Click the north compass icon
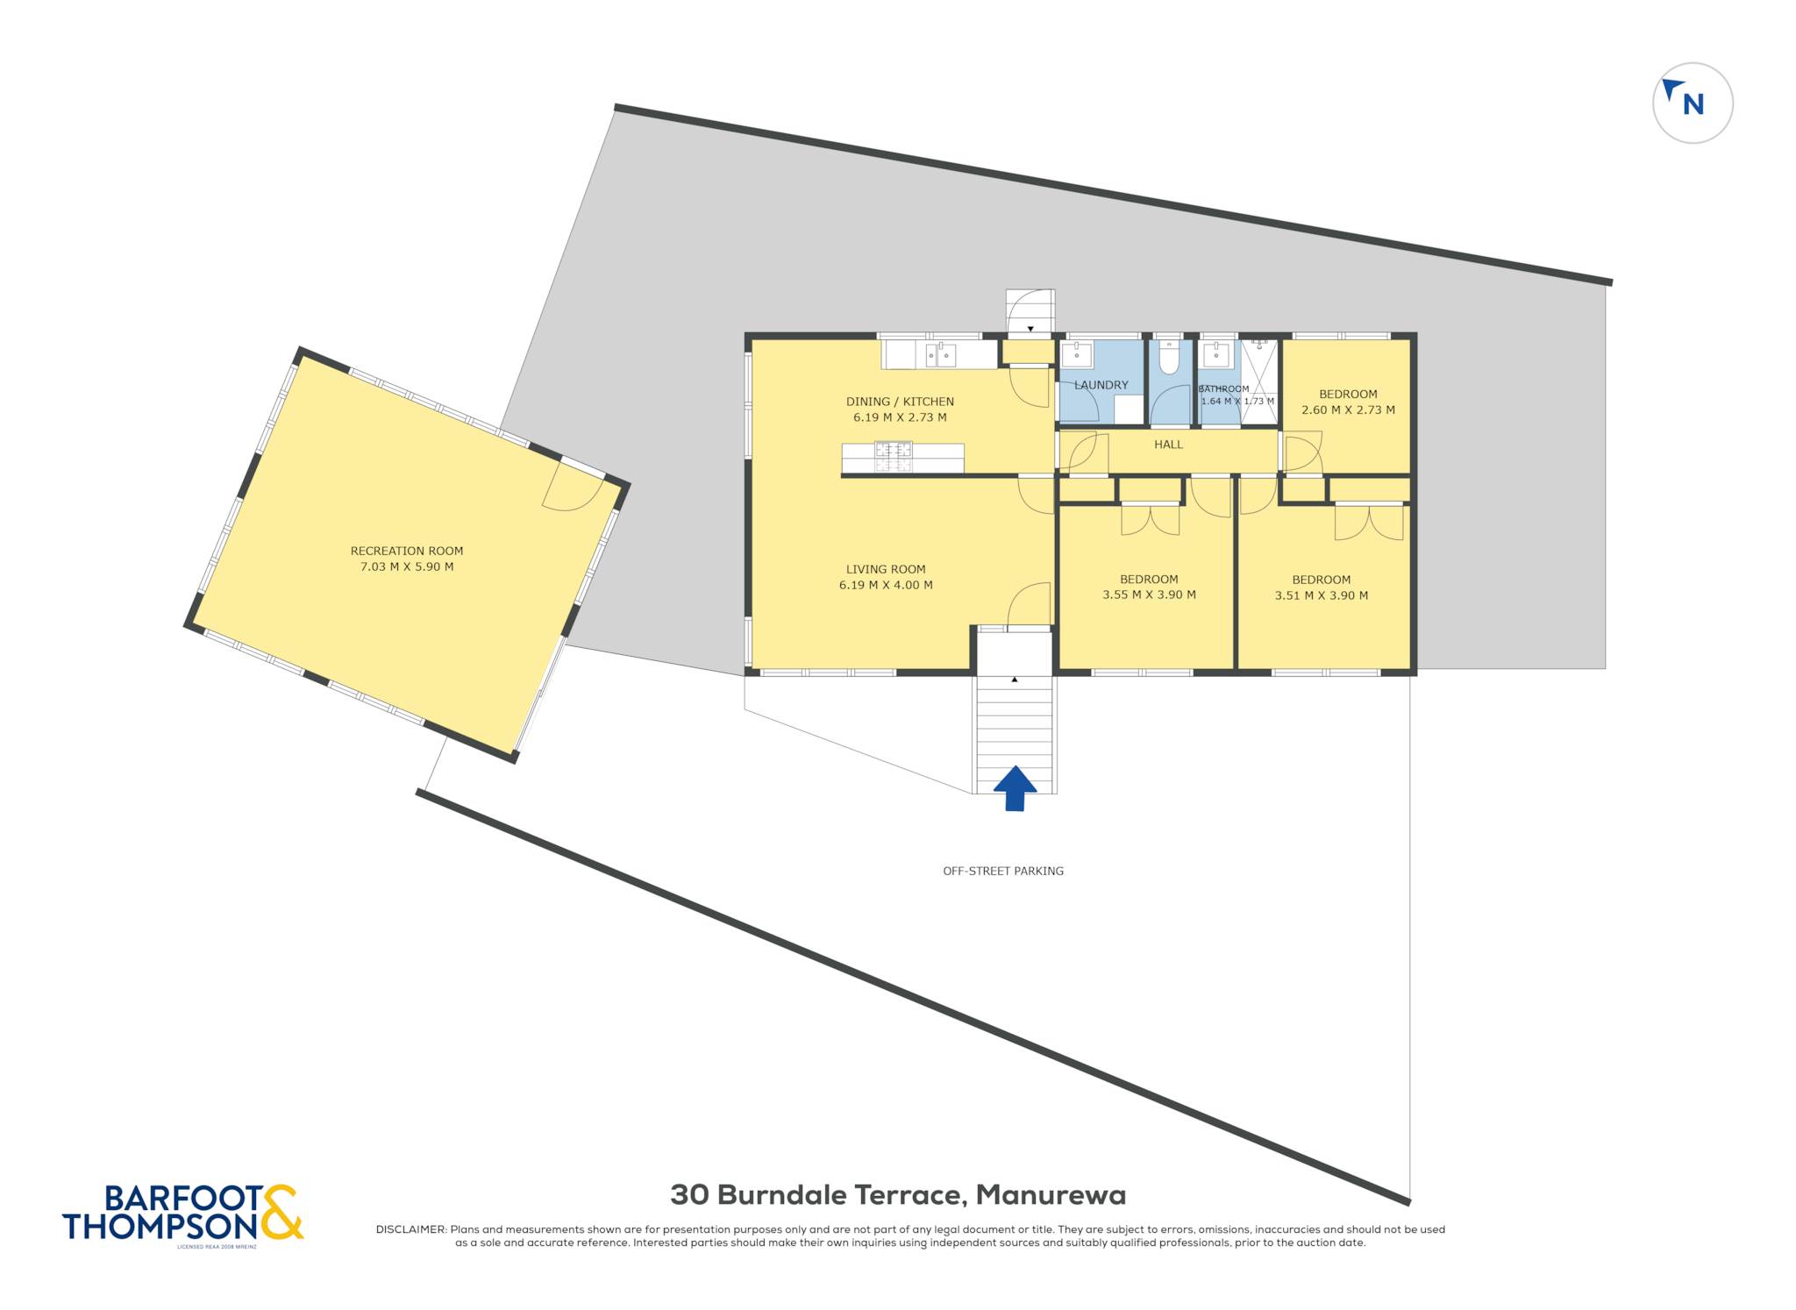1693,103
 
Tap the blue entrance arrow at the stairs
1015,787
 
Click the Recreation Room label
407,551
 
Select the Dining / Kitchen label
900,402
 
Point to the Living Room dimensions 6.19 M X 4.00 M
886,585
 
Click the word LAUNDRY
1101,385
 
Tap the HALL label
1169,445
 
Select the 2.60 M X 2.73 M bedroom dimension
1348,409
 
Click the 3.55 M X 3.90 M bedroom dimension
1149,594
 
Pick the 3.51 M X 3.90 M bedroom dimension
1322,595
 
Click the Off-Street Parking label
1003,871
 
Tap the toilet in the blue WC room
1169,357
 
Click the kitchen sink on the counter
941,355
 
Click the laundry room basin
1077,355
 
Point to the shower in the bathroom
1259,382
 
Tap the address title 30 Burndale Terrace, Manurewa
898,1194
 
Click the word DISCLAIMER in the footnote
410,1229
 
